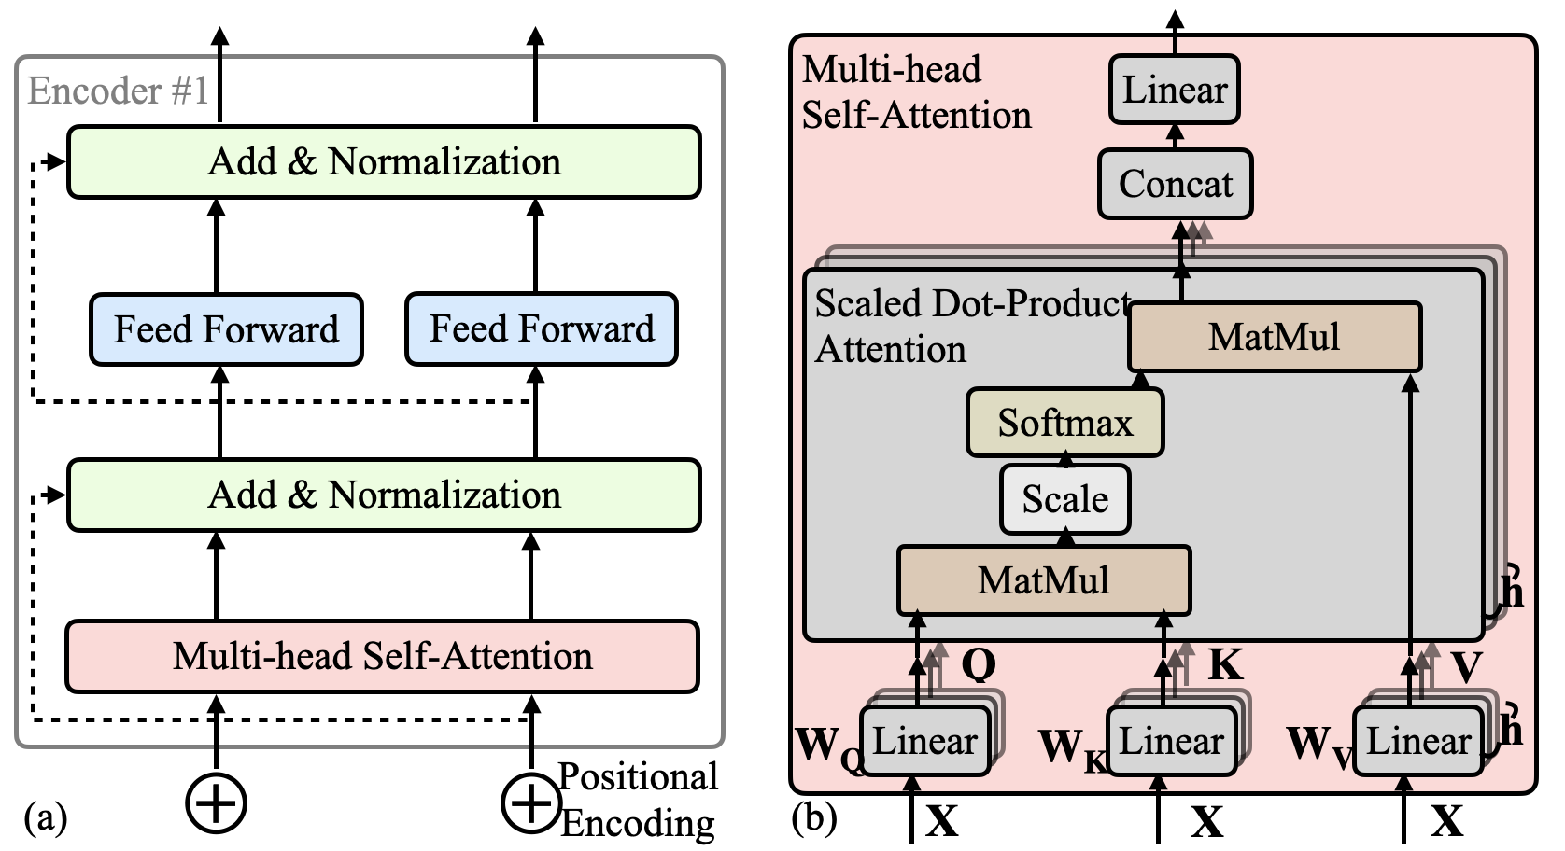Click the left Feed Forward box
pos(226,328)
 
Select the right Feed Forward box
pos(542,328)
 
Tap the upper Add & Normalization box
pos(385,162)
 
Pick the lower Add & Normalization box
pos(385,495)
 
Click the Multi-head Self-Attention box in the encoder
pos(383,656)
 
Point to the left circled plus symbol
pos(217,802)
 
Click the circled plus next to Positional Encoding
pos(531,802)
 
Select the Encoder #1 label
pos(118,91)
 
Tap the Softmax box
pos(1065,423)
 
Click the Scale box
pos(1065,499)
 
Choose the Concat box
pos(1176,184)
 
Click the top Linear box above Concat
pos(1175,90)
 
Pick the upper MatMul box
pos(1275,337)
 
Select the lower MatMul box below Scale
pos(1045,580)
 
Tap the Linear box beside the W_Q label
pos(925,741)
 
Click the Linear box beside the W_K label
pos(1172,741)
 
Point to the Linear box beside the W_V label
pos(1419,741)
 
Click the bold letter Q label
pos(979,664)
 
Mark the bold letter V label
pos(1467,666)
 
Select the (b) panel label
pos(814,816)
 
